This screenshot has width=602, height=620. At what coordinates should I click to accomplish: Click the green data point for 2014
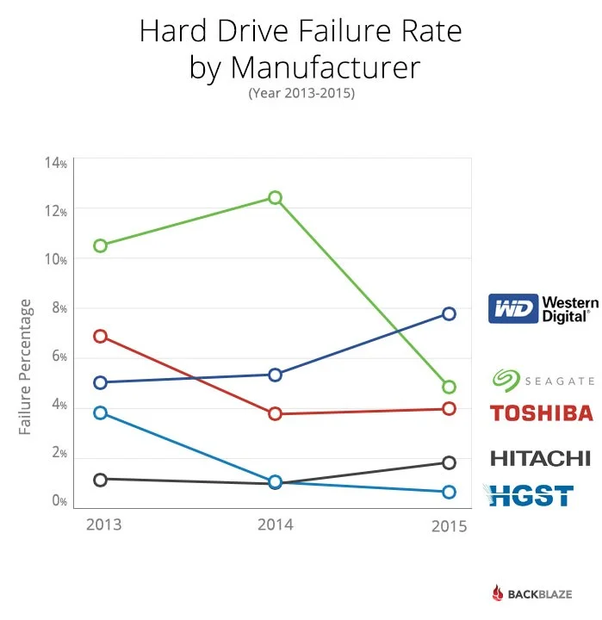275,197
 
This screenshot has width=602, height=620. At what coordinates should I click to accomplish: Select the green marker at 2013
101,245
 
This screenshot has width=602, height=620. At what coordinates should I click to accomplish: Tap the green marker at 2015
449,387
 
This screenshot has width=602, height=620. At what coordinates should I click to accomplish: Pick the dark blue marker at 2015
449,313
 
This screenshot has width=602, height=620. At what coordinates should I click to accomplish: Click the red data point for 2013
101,336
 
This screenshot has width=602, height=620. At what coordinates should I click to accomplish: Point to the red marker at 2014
275,413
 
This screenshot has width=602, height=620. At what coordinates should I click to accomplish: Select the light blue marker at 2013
101,412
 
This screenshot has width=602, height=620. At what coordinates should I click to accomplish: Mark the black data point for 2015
449,462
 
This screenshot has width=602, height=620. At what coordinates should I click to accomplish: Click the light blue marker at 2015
449,492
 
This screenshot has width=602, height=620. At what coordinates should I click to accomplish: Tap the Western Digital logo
539,308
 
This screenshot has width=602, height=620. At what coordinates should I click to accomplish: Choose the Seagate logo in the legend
543,380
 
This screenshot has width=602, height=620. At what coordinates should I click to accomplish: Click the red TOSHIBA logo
542,412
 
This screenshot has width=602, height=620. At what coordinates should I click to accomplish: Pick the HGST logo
529,495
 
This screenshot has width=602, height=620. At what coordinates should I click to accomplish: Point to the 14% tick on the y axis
56,163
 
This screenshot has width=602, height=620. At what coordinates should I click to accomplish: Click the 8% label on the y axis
56,308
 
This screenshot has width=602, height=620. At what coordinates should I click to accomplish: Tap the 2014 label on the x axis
275,524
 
